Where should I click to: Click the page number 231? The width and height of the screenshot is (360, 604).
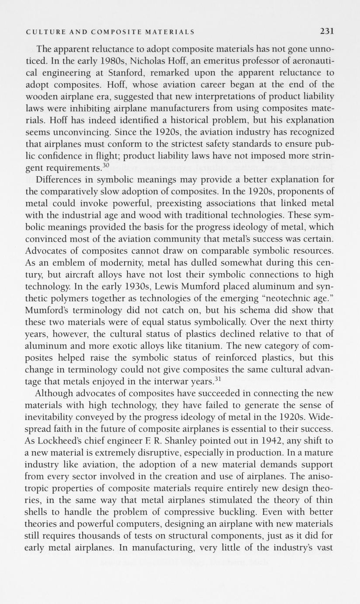click(x=327, y=32)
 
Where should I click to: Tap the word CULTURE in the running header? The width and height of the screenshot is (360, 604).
click(x=42, y=32)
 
